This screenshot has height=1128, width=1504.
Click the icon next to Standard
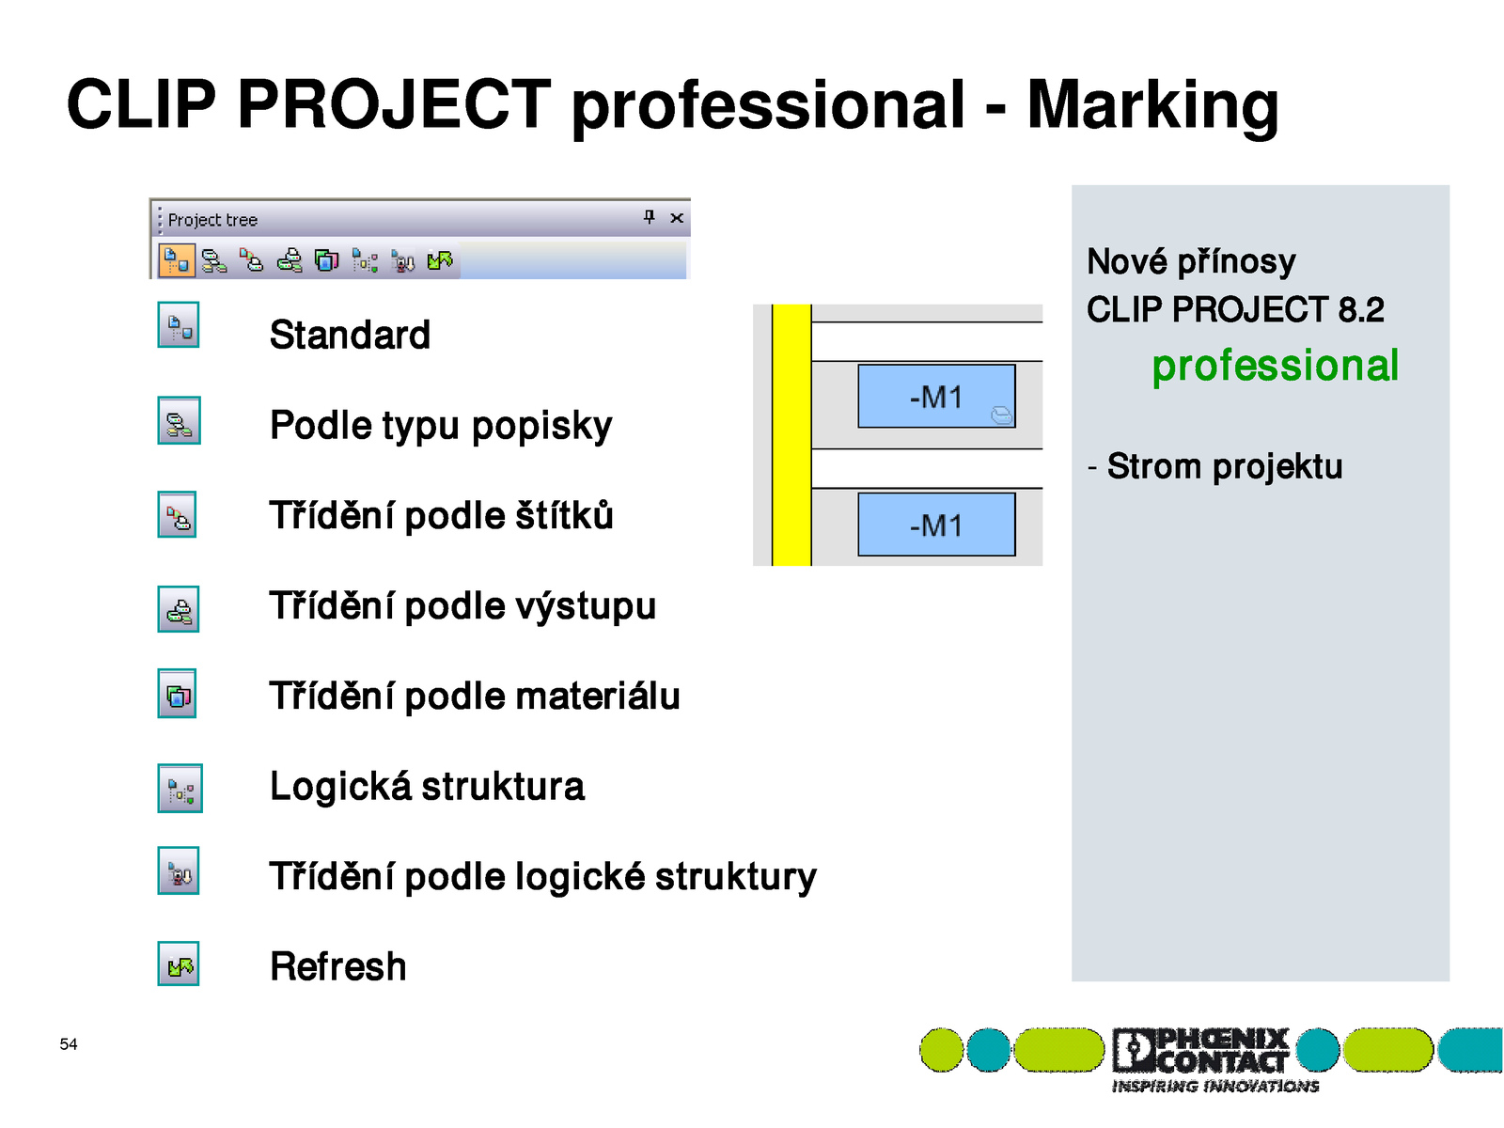coord(179,324)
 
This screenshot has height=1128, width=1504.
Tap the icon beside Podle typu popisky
coord(179,420)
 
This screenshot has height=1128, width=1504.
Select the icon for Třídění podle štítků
coord(177,513)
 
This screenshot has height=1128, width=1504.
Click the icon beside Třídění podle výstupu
coord(179,609)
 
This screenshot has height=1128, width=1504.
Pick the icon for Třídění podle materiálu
coord(177,693)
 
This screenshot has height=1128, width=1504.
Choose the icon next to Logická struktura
coord(180,789)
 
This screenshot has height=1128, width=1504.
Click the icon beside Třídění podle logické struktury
coord(179,870)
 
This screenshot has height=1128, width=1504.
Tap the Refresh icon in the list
coord(179,963)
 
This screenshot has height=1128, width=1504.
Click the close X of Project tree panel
coord(676,218)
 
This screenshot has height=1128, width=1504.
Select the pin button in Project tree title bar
coord(649,217)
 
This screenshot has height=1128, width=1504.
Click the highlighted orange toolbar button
coord(176,260)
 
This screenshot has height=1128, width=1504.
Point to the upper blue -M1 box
coord(936,396)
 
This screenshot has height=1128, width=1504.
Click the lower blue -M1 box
coord(936,524)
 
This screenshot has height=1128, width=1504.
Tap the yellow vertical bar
coord(791,435)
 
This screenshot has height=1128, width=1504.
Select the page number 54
coord(68,1043)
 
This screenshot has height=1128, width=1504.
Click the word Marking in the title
coord(1152,106)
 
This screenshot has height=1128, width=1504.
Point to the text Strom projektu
coord(1224,466)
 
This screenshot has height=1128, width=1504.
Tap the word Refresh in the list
coord(337,966)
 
